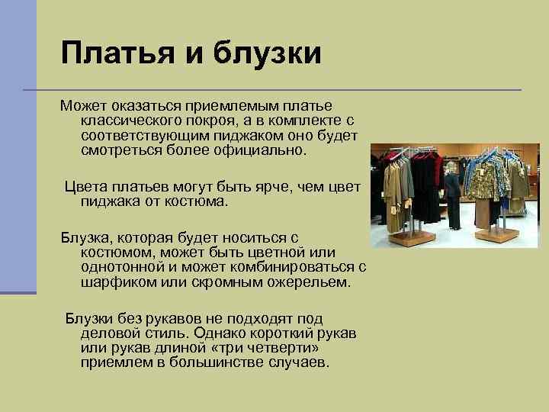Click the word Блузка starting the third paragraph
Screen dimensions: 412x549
[x=86, y=238]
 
